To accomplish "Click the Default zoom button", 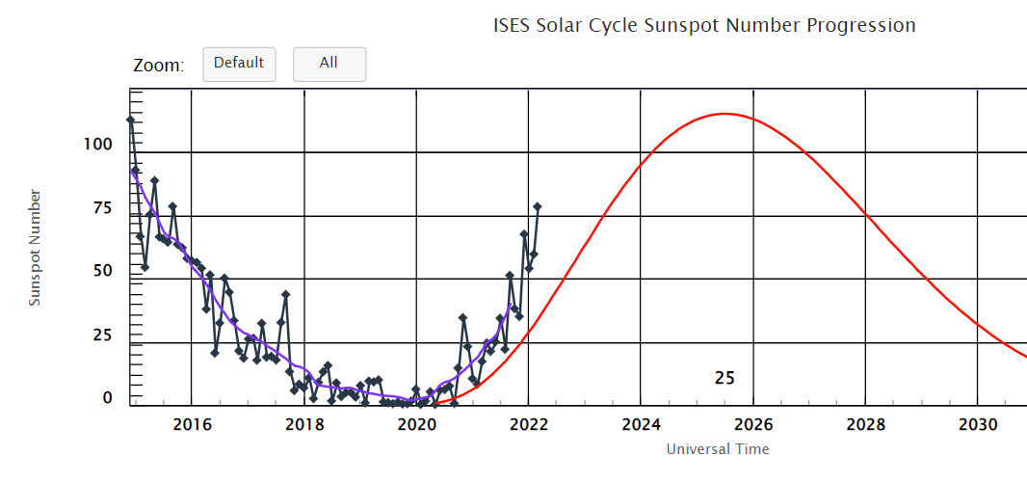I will pos(239,64).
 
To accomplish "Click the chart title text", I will pos(704,26).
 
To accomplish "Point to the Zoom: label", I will pos(158,66).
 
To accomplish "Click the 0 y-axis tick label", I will pos(109,397).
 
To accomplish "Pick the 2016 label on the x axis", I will pos(192,424).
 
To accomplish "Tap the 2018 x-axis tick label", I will pos(304,424).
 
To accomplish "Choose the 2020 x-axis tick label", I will pos(416,424).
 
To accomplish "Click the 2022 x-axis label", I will pos(529,424).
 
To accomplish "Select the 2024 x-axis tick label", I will pos(641,424).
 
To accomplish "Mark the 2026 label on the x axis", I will pos(753,424).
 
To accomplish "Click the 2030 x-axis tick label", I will pos(978,424).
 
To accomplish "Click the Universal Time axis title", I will pos(718,449).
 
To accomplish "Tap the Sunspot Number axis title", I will pos(36,248).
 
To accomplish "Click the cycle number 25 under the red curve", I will pos(725,378).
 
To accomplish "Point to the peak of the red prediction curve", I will pos(723,114).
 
